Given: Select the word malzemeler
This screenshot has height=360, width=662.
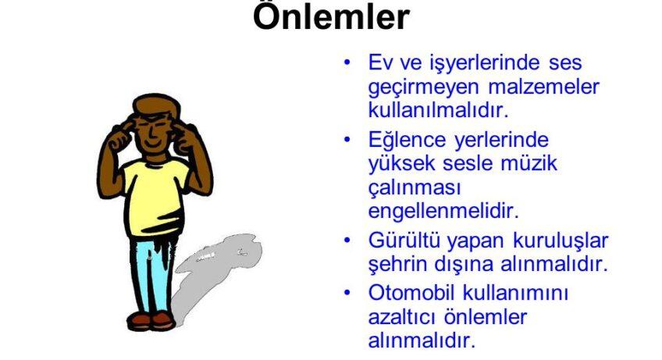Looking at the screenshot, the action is click(x=544, y=87).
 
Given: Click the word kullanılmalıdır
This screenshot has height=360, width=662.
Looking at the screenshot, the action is click(x=438, y=110).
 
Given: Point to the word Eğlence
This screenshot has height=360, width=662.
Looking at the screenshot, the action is click(x=407, y=141).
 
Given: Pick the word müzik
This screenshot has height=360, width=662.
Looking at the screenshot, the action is click(x=529, y=163).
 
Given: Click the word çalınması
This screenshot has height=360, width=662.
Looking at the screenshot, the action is click(x=415, y=188).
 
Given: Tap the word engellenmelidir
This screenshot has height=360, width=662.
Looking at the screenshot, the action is click(x=443, y=212).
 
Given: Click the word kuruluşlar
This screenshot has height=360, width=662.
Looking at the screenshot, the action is click(x=561, y=241).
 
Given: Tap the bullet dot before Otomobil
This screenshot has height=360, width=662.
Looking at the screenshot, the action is click(x=347, y=292).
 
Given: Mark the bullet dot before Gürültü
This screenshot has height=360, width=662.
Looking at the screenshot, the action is click(x=347, y=240).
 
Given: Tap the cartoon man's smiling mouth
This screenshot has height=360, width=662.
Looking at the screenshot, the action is click(x=152, y=144).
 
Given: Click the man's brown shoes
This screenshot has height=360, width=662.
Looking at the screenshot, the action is click(x=151, y=321).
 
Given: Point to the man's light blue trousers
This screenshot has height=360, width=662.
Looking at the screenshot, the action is click(x=153, y=275).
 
